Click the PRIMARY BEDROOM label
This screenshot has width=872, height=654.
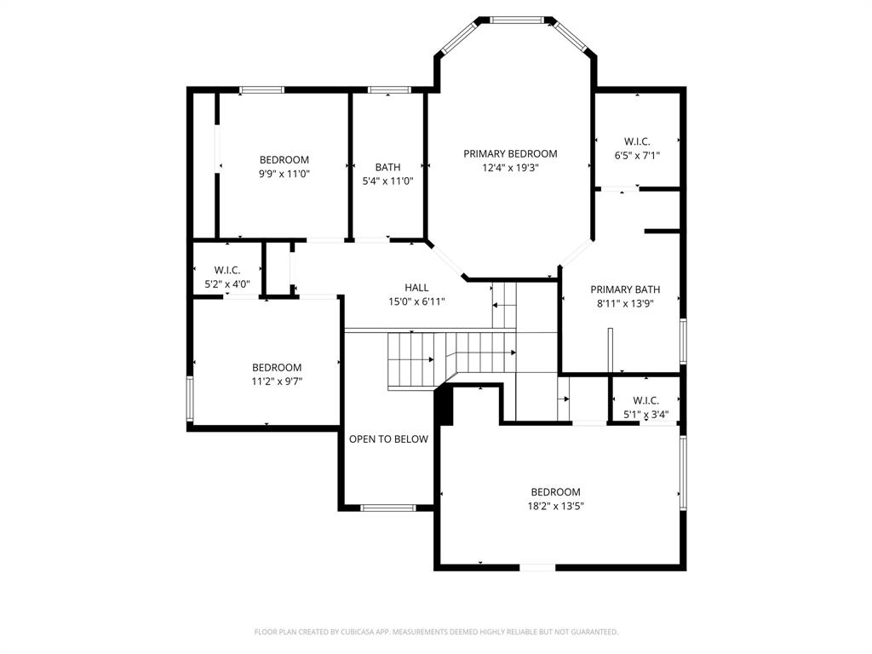coord(510,153)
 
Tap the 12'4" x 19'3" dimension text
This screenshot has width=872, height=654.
coord(510,168)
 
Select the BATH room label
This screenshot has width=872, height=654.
coord(387,167)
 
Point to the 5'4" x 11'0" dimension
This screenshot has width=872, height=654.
coord(387,181)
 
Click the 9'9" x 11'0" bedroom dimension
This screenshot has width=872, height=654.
coord(284,174)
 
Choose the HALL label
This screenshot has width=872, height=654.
coord(416,287)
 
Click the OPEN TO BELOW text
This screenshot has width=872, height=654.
coord(388,439)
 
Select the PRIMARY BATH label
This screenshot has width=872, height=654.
coord(625,290)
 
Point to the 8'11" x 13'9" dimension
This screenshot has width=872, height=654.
coord(625,303)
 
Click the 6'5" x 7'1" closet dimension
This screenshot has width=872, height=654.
coord(637,156)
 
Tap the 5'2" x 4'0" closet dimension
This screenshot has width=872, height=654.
coord(227,284)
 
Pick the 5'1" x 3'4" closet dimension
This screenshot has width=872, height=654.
coord(645,415)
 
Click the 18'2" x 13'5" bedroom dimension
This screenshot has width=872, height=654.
coord(555,506)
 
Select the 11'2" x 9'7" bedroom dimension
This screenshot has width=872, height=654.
coord(276,381)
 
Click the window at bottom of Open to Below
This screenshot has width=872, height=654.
coord(387,508)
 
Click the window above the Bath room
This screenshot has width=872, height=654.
coord(388,89)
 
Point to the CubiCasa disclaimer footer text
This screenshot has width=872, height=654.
coord(436,632)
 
